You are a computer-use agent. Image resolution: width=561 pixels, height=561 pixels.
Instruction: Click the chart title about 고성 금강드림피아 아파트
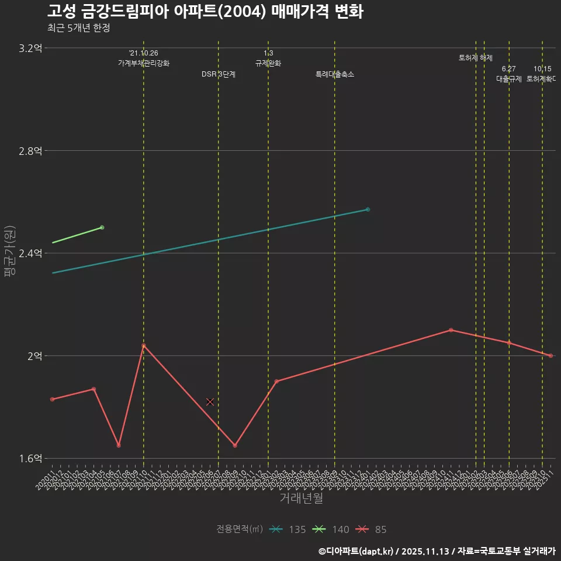pos(205,11)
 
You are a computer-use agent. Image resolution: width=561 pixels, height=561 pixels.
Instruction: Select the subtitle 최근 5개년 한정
pos(78,27)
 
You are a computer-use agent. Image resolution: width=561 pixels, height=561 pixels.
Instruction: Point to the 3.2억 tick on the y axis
pos(30,49)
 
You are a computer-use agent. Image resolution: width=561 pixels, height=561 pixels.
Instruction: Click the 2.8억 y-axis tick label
pos(30,151)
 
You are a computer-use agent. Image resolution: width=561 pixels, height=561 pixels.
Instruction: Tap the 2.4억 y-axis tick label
pos(30,253)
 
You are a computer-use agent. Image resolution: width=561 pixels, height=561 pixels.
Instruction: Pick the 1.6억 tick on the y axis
pos(30,458)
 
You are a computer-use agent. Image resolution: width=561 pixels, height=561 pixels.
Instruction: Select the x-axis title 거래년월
pos(301,498)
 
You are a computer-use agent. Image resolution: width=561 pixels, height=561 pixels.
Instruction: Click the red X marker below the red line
pos(210,402)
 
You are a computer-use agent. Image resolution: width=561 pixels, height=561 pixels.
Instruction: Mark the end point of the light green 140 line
pos(102,227)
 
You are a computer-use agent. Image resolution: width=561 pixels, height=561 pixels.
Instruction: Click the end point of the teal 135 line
pos(368,209)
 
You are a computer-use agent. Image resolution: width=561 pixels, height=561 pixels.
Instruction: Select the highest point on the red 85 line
pos(451,330)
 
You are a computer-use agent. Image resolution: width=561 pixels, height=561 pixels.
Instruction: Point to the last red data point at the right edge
pos(550,356)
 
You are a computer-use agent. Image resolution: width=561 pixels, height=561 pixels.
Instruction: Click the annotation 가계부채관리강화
pos(144,63)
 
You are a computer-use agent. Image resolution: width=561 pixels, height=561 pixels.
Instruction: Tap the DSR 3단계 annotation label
pos(219,74)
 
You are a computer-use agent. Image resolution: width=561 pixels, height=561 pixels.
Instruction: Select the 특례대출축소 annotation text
pos(335,74)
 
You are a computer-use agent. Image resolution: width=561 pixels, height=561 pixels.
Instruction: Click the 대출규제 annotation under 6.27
pos(509,79)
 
